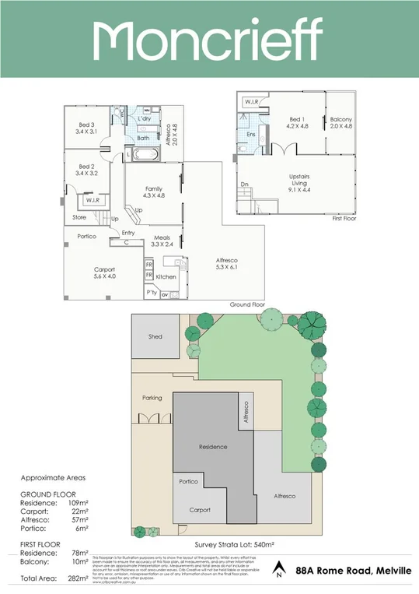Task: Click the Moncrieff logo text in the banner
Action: point(208,40)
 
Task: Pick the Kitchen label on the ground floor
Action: point(166,277)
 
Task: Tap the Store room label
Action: point(79,217)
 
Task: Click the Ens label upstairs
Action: point(251,135)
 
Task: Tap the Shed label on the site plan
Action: point(155,336)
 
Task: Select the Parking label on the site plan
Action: point(152,398)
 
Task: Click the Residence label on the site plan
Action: point(213,447)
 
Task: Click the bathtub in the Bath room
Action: point(145,155)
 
